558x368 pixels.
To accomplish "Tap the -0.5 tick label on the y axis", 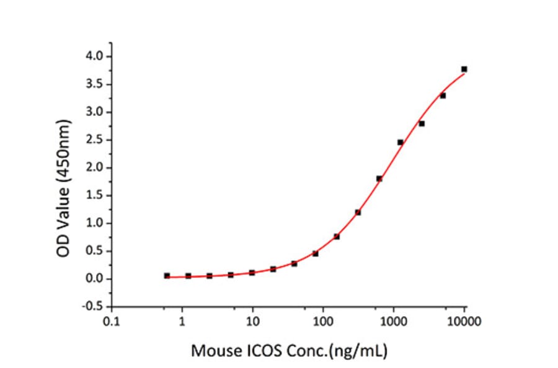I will (93, 307).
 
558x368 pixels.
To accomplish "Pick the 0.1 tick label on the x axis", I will (112, 322).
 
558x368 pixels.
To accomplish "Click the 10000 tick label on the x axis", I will (464, 322).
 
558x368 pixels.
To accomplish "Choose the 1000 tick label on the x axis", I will (394, 322).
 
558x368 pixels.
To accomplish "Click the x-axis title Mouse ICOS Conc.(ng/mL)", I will (289, 351).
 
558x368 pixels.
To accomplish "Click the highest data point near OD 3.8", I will (464, 69).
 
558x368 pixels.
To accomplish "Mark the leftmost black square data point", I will (167, 276).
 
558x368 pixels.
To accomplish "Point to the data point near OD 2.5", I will (400, 142).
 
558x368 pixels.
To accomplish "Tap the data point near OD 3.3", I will (443, 95).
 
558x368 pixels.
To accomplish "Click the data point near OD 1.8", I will (379, 178).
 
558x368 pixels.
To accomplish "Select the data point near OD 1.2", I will (358, 212).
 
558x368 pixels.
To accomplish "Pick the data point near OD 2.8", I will (422, 123).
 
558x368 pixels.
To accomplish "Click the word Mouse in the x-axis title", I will (214, 351).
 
